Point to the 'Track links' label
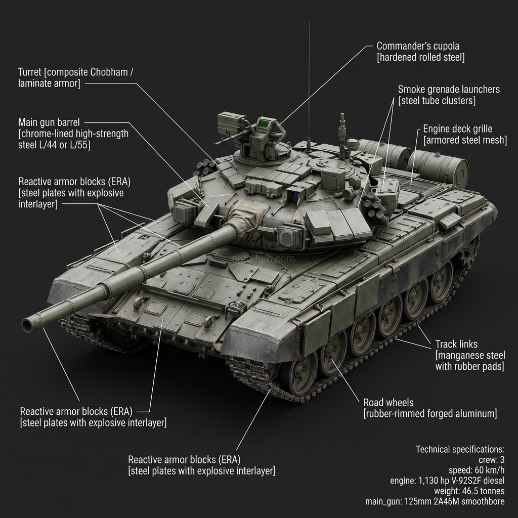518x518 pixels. pos(456,344)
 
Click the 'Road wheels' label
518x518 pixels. pos(388,403)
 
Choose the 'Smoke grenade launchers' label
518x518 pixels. pos(449,90)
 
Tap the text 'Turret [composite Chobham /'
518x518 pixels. pos(76,72)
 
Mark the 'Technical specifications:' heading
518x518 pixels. pos(460,449)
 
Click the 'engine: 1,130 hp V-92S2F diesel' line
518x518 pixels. pos(447,481)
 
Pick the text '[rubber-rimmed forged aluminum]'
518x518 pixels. pos(430,414)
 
